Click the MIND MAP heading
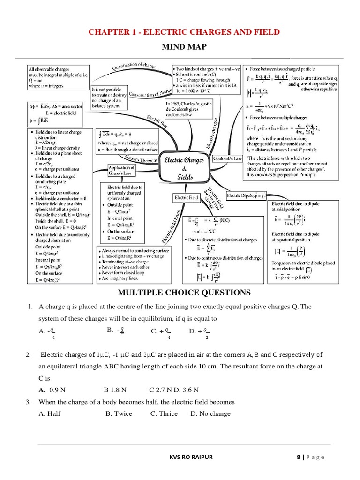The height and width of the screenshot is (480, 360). tap(180, 47)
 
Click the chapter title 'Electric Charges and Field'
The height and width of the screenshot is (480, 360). tap(180, 32)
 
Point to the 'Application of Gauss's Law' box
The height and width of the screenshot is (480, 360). tap(121, 170)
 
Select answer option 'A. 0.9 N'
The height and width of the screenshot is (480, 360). tap(52, 390)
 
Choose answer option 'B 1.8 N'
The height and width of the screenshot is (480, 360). tap(115, 390)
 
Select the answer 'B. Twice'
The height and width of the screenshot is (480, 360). tap(119, 413)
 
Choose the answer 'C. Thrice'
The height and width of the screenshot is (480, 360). tap(164, 413)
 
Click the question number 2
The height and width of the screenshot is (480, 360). tap(28, 354)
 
